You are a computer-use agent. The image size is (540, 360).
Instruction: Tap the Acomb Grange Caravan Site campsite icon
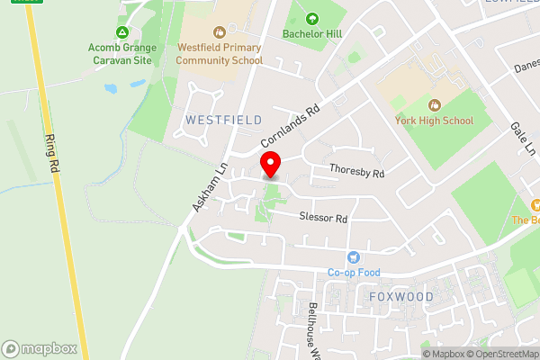click(122, 31)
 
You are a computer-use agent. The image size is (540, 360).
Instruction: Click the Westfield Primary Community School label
click(220, 55)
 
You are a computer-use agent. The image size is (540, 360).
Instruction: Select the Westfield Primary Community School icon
click(220, 30)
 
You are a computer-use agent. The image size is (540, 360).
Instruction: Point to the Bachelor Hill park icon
click(312, 18)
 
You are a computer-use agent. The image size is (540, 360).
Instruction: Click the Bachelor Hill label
click(312, 34)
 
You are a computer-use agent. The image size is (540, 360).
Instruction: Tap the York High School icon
click(435, 104)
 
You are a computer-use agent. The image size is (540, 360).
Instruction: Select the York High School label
click(435, 121)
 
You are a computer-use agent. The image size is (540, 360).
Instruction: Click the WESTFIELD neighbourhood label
click(223, 120)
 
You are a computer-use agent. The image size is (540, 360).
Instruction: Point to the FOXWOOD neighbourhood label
click(401, 296)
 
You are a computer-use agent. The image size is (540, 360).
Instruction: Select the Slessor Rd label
click(323, 218)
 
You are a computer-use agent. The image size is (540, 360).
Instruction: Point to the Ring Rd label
click(53, 154)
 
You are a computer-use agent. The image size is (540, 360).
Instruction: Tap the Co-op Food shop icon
click(354, 256)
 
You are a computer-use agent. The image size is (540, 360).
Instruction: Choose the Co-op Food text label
click(355, 273)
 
